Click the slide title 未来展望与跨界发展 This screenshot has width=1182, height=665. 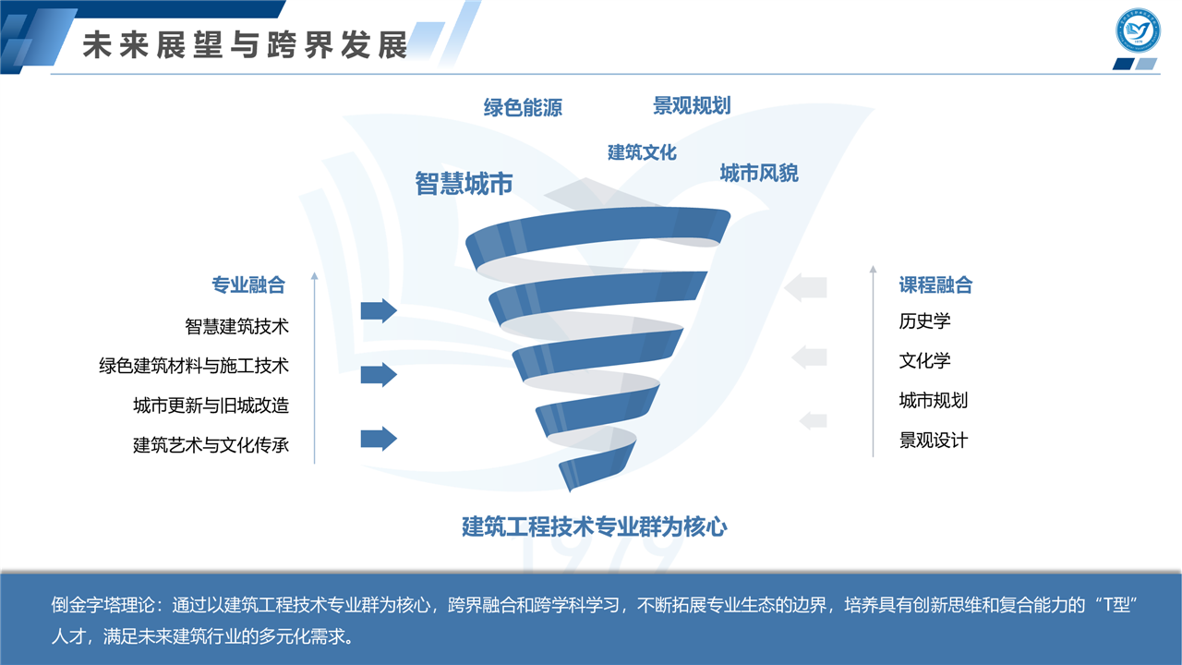click(x=246, y=44)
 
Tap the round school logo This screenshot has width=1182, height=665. click(x=1138, y=30)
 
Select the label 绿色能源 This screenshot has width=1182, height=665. click(x=523, y=108)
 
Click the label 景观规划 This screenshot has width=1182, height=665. click(x=692, y=105)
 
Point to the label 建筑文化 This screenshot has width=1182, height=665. click(x=642, y=152)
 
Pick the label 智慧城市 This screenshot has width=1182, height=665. click(x=464, y=184)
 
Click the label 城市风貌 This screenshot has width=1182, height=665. click(x=759, y=173)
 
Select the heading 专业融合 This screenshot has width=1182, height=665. click(x=248, y=285)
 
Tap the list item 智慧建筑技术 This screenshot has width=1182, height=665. click(x=237, y=326)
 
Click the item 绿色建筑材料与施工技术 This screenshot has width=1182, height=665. click(x=194, y=366)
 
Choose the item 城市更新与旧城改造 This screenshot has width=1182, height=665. click(x=211, y=405)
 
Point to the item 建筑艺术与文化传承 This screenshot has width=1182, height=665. click(x=211, y=445)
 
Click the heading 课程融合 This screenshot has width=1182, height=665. click(x=935, y=285)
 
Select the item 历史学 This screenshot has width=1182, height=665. click(x=924, y=320)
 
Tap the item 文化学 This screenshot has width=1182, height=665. click(x=924, y=360)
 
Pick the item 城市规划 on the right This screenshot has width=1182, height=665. click(x=934, y=401)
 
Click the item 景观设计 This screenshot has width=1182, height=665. click(x=934, y=441)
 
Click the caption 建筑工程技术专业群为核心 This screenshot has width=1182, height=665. click(x=594, y=526)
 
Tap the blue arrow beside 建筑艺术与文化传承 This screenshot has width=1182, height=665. click(x=379, y=439)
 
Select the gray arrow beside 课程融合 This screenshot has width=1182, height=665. click(x=805, y=287)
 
